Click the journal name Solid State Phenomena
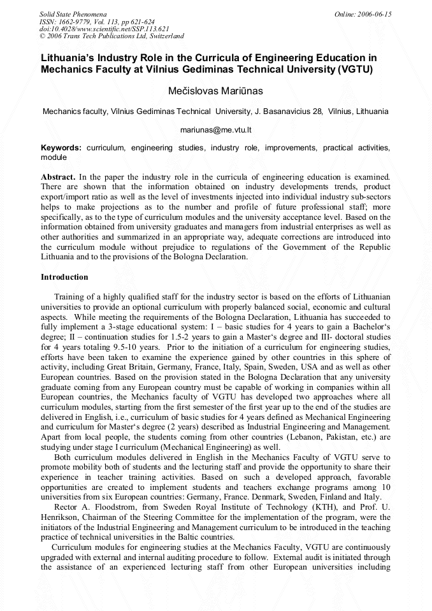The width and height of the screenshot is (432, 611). pos(73,14)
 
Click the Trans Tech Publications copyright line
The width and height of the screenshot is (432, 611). pos(112,36)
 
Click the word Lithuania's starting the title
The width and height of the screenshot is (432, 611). pos(69,57)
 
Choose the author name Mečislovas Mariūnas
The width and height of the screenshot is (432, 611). pos(215,92)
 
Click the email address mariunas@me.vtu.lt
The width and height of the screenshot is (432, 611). pos(215,130)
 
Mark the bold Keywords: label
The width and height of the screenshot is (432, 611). pos(61,148)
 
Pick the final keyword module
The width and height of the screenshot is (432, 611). pos(54,157)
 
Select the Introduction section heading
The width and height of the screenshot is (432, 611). pos(64,277)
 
